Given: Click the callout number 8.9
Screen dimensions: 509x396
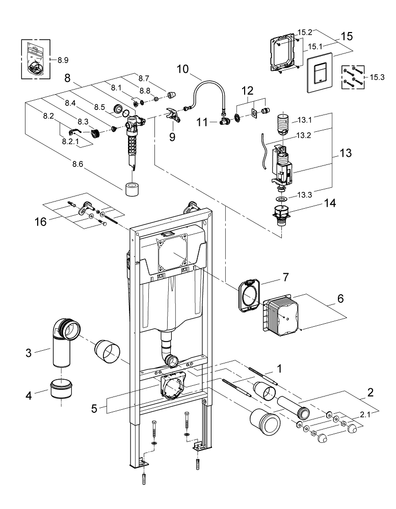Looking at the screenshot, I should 63,60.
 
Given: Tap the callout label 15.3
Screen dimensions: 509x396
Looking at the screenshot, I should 377,77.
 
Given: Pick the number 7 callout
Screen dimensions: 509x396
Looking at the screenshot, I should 286,277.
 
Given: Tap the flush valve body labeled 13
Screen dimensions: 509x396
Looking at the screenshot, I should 282,163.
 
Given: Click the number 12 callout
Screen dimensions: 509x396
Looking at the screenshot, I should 247,91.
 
